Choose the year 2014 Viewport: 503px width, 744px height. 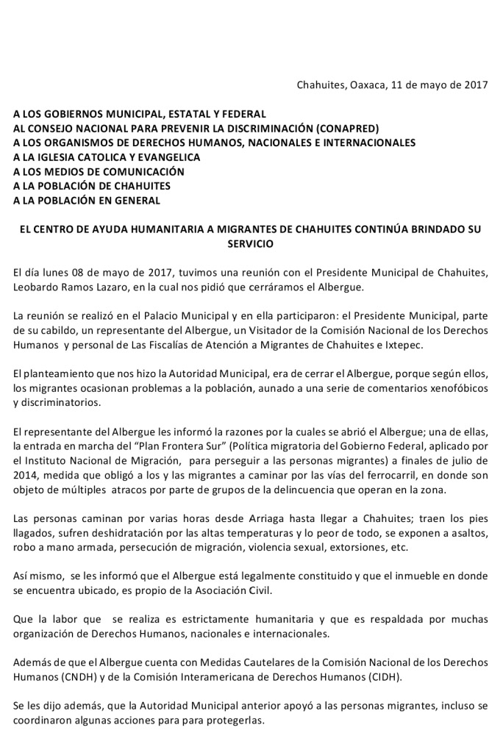(x=28, y=475)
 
